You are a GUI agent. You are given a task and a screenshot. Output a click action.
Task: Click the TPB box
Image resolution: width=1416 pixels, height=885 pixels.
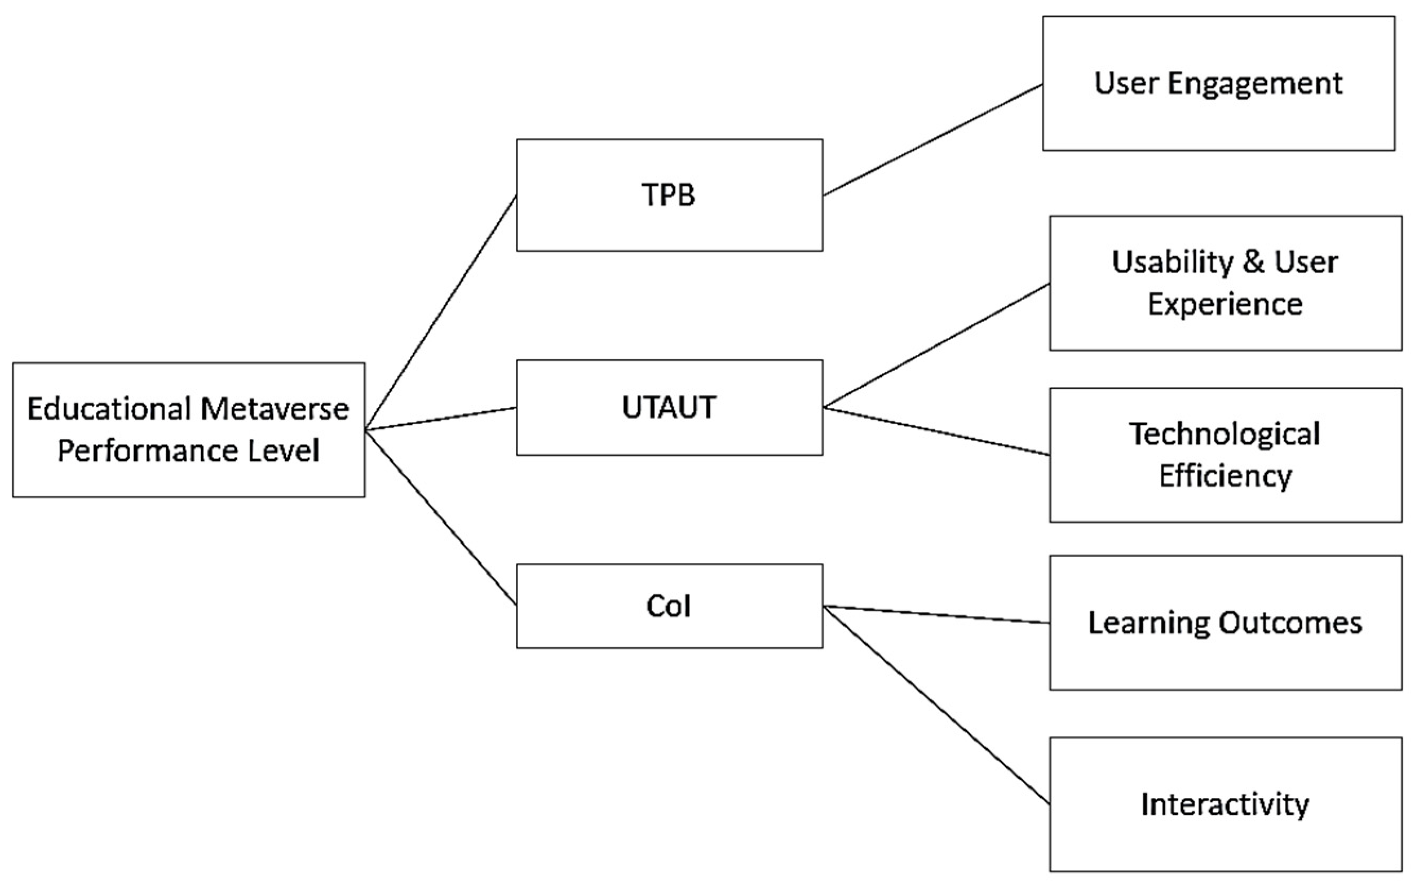pos(669,195)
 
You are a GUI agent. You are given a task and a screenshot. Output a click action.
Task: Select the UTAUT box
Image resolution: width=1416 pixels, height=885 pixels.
pos(669,407)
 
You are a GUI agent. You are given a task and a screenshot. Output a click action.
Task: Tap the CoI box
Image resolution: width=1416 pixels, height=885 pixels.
pos(669,606)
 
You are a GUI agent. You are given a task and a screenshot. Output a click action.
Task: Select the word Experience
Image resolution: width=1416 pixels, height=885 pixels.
pos(1225,305)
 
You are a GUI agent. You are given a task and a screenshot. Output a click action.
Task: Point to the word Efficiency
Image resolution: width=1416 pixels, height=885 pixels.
pos(1225,476)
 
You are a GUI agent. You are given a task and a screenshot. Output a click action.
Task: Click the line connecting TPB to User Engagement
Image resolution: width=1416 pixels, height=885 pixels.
pos(932,140)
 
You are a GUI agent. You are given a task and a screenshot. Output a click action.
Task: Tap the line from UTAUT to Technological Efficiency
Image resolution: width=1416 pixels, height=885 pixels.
pos(936,431)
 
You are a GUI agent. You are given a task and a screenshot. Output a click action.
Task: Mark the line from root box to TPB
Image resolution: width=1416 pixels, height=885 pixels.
pos(440,313)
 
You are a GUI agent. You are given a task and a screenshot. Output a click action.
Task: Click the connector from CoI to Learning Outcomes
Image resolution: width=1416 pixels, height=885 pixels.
pos(936,614)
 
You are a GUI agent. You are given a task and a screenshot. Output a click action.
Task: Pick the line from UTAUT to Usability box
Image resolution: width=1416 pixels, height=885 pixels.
pos(936,345)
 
